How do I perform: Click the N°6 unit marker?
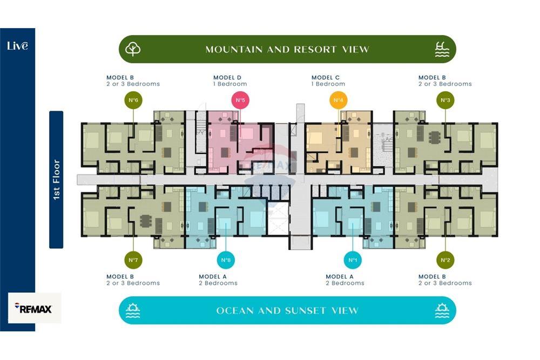click(133, 100)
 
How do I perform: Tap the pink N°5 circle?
click(240, 100)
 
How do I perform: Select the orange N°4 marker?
click(338, 100)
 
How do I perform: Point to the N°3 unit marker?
click(446, 100)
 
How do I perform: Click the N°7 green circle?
click(133, 260)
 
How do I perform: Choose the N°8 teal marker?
click(226, 260)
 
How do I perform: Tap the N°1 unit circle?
click(353, 260)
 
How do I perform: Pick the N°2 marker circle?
click(446, 260)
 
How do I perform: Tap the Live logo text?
click(18, 46)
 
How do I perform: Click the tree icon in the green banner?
click(133, 49)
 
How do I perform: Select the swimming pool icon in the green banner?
click(442, 49)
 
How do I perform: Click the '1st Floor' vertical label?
click(57, 180)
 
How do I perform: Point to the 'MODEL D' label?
click(227, 77)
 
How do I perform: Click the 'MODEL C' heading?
click(326, 77)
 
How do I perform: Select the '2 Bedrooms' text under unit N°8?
click(218, 283)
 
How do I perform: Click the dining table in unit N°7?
click(146, 221)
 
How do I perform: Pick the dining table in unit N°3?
click(435, 137)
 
